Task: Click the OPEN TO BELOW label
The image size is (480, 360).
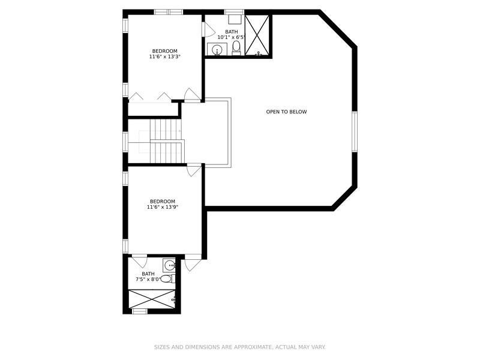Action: point(286,112)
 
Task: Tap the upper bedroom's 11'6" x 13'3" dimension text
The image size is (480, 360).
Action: point(164,56)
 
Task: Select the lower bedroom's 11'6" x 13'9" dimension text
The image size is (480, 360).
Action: point(163,207)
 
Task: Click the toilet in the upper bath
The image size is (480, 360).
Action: point(236,47)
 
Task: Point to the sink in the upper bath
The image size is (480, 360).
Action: point(217,49)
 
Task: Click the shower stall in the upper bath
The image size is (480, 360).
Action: point(257,35)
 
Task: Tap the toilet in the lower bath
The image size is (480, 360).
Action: point(167,279)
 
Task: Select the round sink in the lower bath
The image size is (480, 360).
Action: point(169,265)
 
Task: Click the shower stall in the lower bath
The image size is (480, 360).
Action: point(152,299)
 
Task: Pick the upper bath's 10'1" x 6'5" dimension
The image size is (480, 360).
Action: point(232,37)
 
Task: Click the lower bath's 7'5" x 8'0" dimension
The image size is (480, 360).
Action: point(148,279)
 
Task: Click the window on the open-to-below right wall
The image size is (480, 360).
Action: point(355,131)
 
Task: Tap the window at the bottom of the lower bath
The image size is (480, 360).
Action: point(140,311)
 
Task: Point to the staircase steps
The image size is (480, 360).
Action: point(167,141)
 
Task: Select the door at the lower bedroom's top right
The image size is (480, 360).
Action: point(194,170)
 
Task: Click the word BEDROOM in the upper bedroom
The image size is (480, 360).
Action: point(164,51)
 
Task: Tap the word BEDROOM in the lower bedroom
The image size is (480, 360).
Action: point(163,202)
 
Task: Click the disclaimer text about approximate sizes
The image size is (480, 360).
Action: point(239,347)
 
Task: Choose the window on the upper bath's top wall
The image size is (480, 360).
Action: point(234,12)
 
